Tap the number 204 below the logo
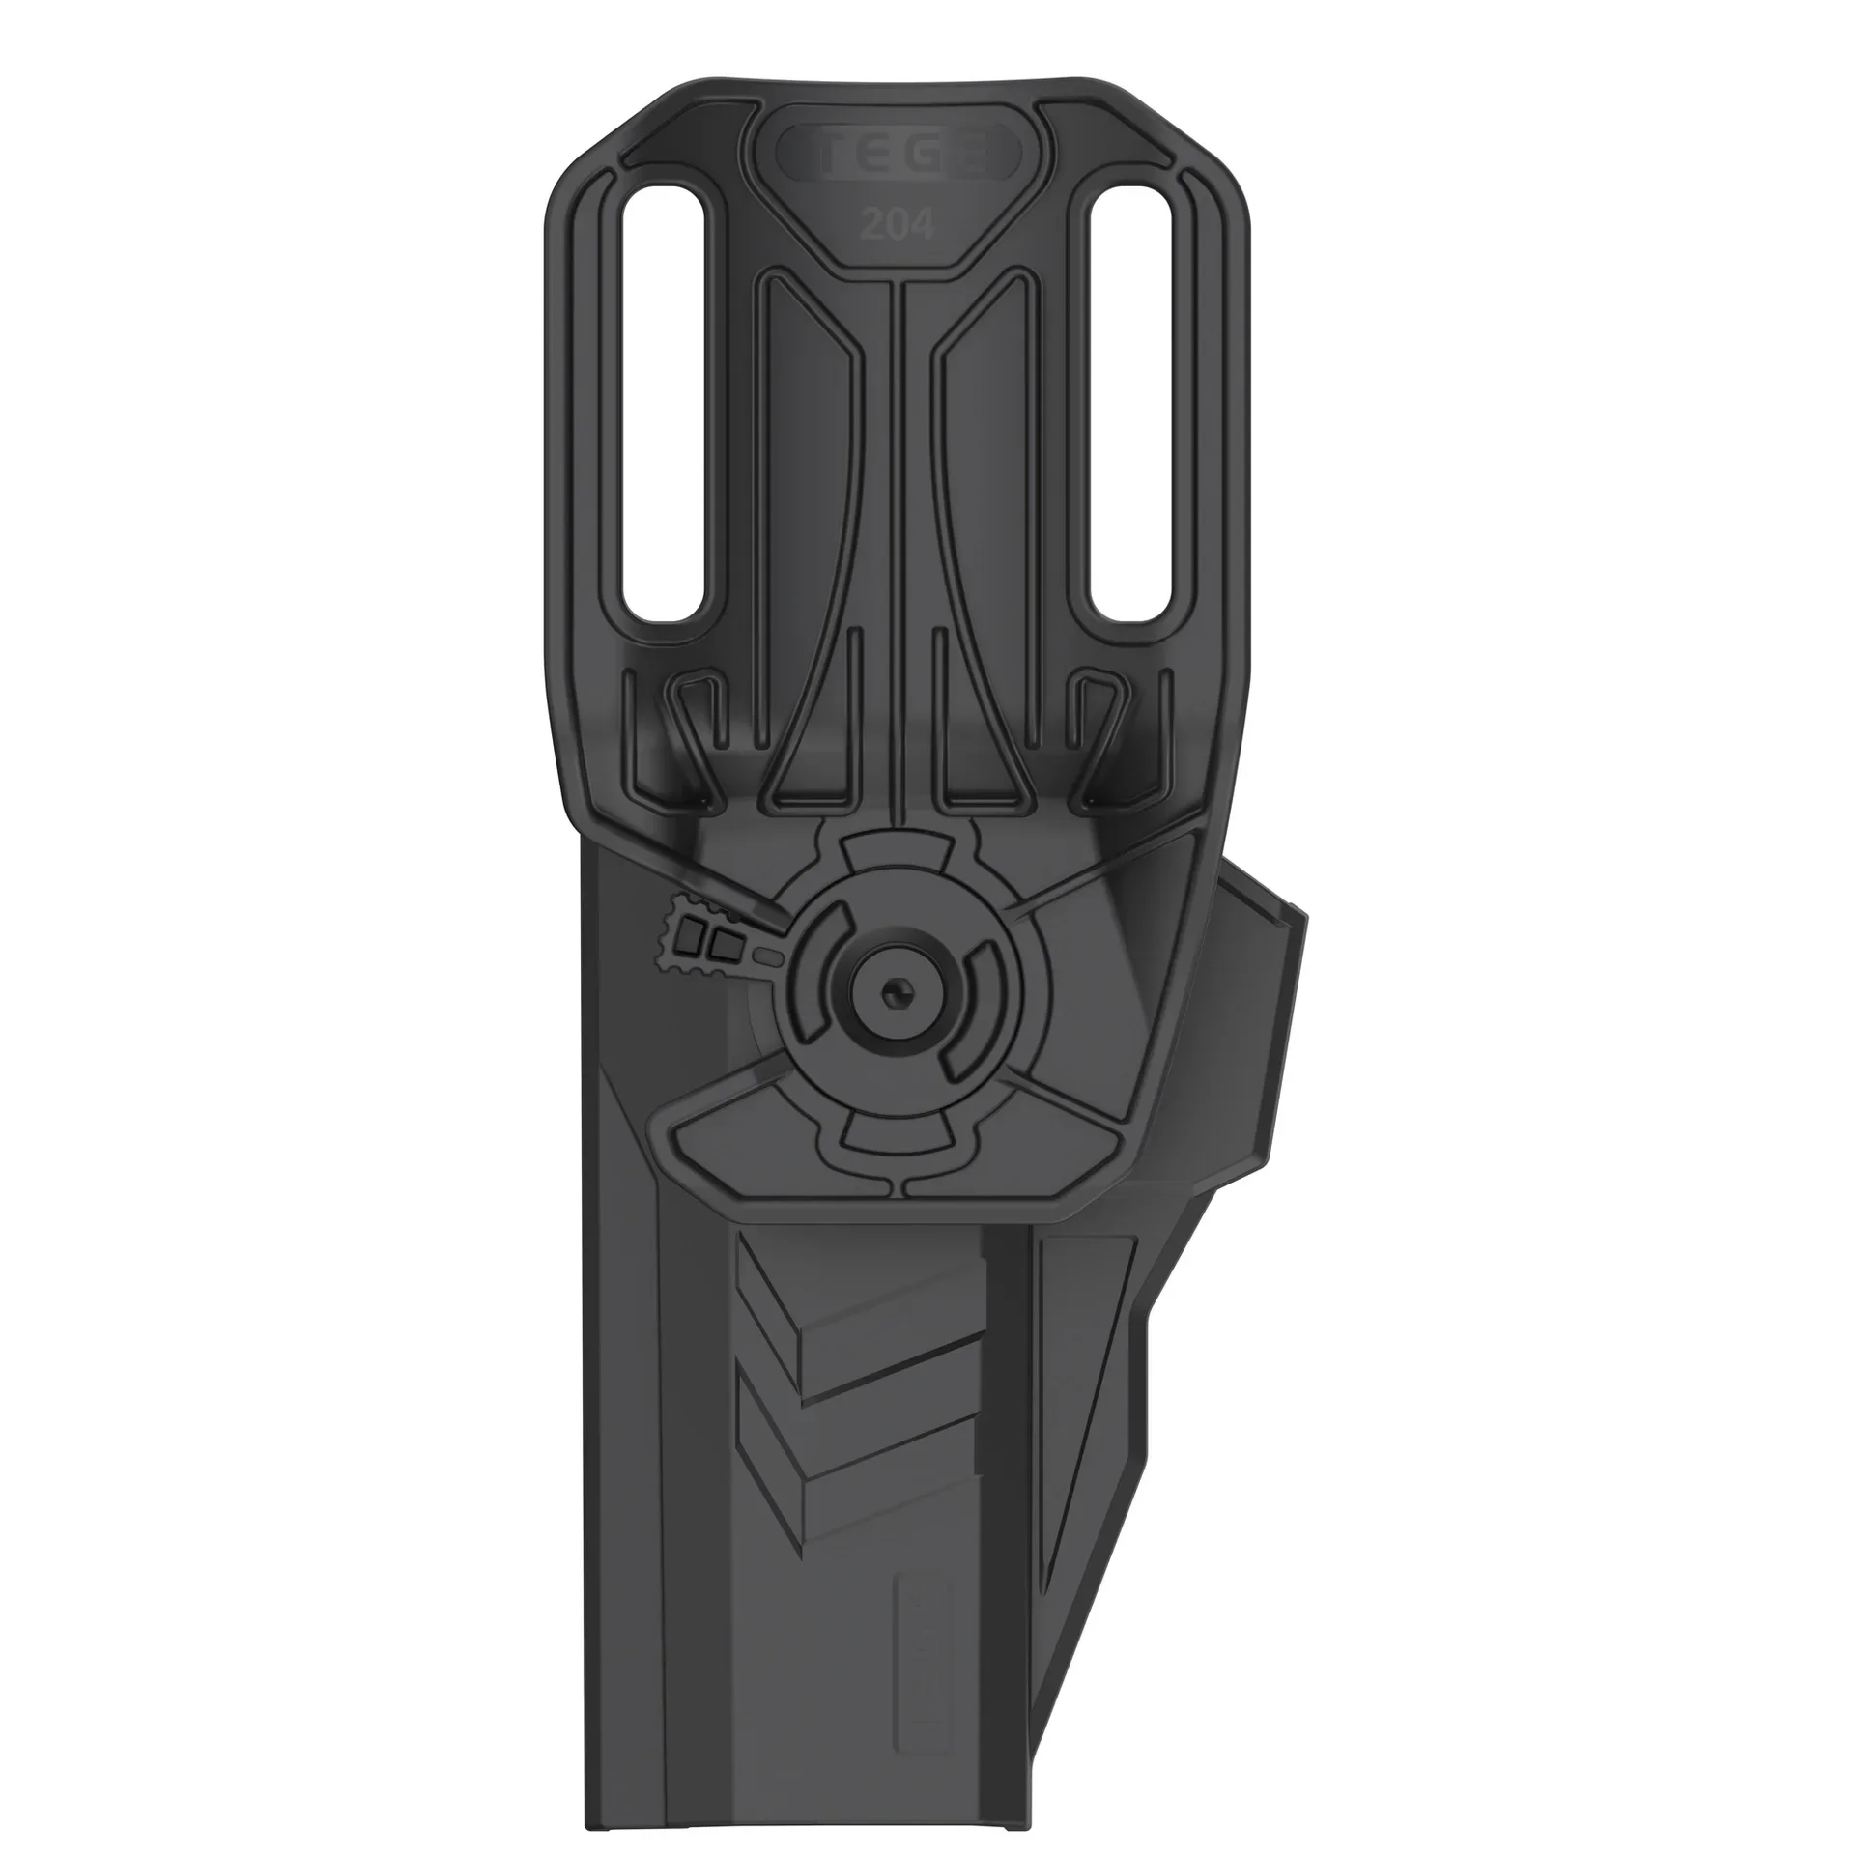898,225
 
